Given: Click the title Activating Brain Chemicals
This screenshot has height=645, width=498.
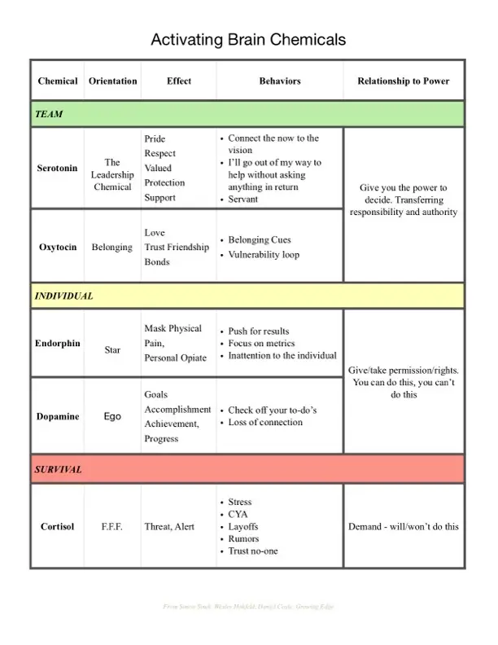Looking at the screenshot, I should (x=248, y=39).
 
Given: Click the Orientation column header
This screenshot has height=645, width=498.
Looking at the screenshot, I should (x=112, y=81).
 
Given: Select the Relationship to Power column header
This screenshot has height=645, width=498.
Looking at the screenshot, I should (x=403, y=81).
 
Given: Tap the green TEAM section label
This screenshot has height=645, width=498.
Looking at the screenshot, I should (x=49, y=115).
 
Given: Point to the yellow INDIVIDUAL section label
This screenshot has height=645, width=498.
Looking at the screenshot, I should (x=63, y=296).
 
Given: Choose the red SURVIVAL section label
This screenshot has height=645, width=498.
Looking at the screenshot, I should (x=58, y=470).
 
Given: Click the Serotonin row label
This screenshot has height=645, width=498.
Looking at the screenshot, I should (x=58, y=169).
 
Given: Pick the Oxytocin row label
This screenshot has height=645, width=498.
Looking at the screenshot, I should (x=58, y=247).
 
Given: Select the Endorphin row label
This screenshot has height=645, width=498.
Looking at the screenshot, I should (x=58, y=343).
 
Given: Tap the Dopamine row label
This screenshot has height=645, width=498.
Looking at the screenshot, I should (x=58, y=416).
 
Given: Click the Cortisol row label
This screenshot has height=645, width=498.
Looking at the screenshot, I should (x=58, y=526).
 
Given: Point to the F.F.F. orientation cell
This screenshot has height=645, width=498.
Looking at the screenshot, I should (x=112, y=526).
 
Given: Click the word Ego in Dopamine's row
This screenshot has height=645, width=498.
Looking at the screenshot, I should (x=112, y=416).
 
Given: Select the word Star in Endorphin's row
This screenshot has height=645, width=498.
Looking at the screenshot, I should (x=112, y=350).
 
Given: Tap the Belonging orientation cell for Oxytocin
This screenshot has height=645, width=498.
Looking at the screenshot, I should (x=112, y=247).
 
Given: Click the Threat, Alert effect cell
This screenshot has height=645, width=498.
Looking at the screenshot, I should (x=169, y=526).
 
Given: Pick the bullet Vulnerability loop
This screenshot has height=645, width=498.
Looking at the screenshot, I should (x=264, y=255).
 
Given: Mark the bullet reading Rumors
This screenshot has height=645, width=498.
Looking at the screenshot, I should (x=244, y=539).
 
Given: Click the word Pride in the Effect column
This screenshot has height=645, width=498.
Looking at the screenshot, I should (x=155, y=139).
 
